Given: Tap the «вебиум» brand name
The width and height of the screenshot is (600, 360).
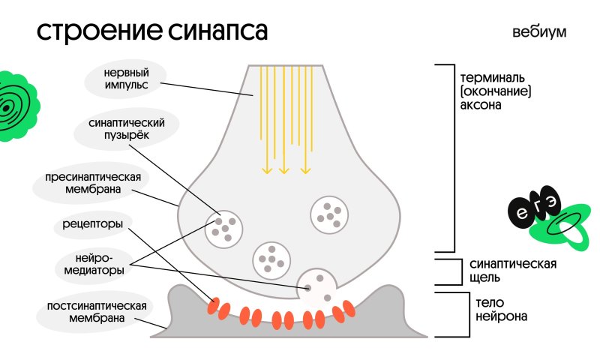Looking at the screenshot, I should (538, 32).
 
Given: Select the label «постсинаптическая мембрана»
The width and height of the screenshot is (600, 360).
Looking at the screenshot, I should (94, 311).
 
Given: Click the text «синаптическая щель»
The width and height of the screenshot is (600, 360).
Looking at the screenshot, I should (511, 271).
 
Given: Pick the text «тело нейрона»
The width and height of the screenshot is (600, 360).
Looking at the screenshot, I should (501, 310).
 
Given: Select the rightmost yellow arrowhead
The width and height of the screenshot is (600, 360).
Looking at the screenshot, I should (305, 170).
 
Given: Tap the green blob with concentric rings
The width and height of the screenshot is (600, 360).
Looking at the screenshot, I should (13, 106).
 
